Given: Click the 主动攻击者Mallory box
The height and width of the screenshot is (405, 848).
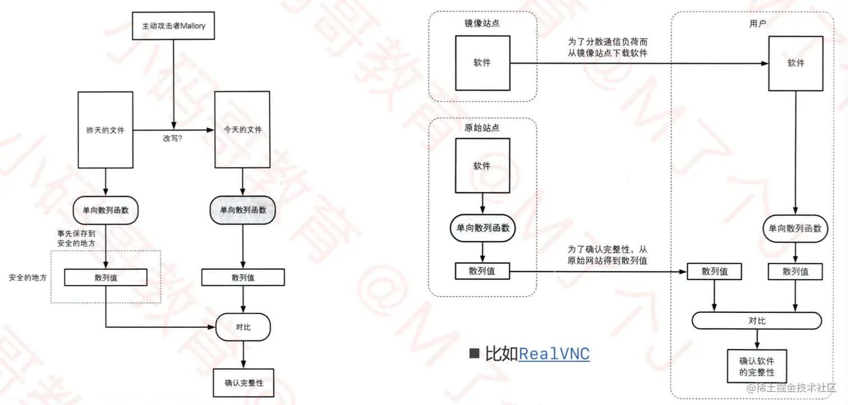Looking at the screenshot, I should point(174,26).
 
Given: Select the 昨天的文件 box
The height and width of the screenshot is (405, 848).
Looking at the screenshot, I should point(105,130).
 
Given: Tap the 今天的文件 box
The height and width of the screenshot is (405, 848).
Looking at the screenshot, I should point(242,130).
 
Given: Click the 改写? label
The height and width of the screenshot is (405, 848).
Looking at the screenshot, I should point(173,138).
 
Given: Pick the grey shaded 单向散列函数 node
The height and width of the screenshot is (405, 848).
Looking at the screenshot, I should point(242,211).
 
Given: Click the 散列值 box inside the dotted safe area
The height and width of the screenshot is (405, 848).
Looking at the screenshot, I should point(105,277).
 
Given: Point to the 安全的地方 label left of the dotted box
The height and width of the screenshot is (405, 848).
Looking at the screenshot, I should point(27,277).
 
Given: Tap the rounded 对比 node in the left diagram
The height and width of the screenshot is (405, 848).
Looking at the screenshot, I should point(243,327).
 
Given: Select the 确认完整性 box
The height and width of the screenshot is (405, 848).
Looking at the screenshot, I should point(243,383).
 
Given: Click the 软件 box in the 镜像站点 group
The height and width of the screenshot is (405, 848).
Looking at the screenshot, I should point(482,63).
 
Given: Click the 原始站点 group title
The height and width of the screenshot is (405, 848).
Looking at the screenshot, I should point(482,127).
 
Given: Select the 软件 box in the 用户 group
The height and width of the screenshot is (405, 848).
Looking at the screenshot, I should point(796,63).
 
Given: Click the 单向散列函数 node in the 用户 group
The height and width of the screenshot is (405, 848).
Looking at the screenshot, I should point(795,228).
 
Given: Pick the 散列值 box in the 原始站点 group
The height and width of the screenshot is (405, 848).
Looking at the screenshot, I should point(482,271).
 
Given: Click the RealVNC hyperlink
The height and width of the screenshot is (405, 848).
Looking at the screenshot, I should point(554,354).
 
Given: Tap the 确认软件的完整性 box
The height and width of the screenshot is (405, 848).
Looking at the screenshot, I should point(757,366).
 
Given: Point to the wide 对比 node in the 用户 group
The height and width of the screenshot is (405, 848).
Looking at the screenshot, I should point(757,321).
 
